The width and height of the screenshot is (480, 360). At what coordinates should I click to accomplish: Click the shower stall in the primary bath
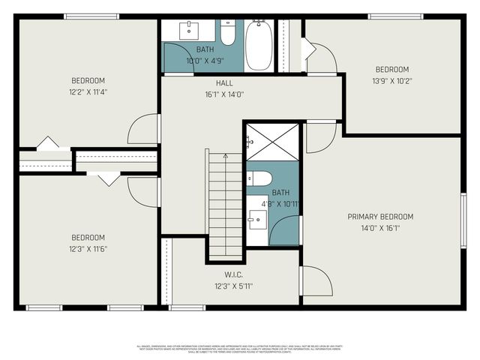coord(272,141)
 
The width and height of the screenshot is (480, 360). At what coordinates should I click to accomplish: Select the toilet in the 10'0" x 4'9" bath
coord(228,34)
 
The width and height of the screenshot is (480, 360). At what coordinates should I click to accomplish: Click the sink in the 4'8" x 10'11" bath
coord(257,220)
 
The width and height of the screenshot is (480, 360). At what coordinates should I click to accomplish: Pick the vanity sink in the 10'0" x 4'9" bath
coord(189,31)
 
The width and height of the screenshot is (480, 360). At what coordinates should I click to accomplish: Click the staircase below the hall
coord(224,202)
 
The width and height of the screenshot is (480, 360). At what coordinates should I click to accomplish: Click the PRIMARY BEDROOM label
coord(380,217)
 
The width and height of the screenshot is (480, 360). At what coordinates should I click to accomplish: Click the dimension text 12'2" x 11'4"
coord(88,93)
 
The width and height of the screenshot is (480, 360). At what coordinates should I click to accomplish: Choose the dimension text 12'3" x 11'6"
coord(88,249)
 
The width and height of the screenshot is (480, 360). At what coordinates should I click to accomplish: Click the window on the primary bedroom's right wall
coord(463,219)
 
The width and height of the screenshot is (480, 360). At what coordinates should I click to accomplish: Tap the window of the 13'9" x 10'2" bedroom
coord(394,16)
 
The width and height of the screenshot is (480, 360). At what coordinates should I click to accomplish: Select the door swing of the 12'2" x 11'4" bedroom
coord(144,129)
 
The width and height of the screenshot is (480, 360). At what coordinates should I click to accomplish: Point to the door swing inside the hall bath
coord(178,58)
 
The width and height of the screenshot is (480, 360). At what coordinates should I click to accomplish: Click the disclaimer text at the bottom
coord(240,349)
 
